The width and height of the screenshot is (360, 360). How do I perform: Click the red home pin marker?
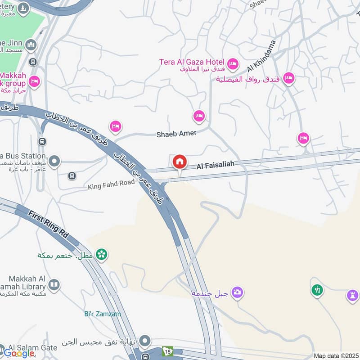coord(180,162)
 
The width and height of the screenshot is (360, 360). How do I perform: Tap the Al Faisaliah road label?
coord(216,166)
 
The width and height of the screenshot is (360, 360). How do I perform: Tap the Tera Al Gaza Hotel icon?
coord(233,64)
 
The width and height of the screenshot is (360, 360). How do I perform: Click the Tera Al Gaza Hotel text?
coord(192,62)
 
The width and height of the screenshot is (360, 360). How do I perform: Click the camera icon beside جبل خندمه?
coord(237,292)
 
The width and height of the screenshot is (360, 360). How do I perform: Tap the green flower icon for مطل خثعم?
coord(102,255)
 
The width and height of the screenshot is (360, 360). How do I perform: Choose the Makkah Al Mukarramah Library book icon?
coord(54,285)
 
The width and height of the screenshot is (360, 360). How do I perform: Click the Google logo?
coord(19,353)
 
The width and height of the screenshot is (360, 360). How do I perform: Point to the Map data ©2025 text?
coord(336,356)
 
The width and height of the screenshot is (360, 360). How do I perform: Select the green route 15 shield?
coord(168,351)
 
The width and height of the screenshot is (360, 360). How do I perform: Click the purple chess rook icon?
coord(352,296)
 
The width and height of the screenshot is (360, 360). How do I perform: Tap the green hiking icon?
coord(317,290)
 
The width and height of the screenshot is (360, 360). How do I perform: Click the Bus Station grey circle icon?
coord(54,161)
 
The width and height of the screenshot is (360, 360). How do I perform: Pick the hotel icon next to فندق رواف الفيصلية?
coord(288,78)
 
